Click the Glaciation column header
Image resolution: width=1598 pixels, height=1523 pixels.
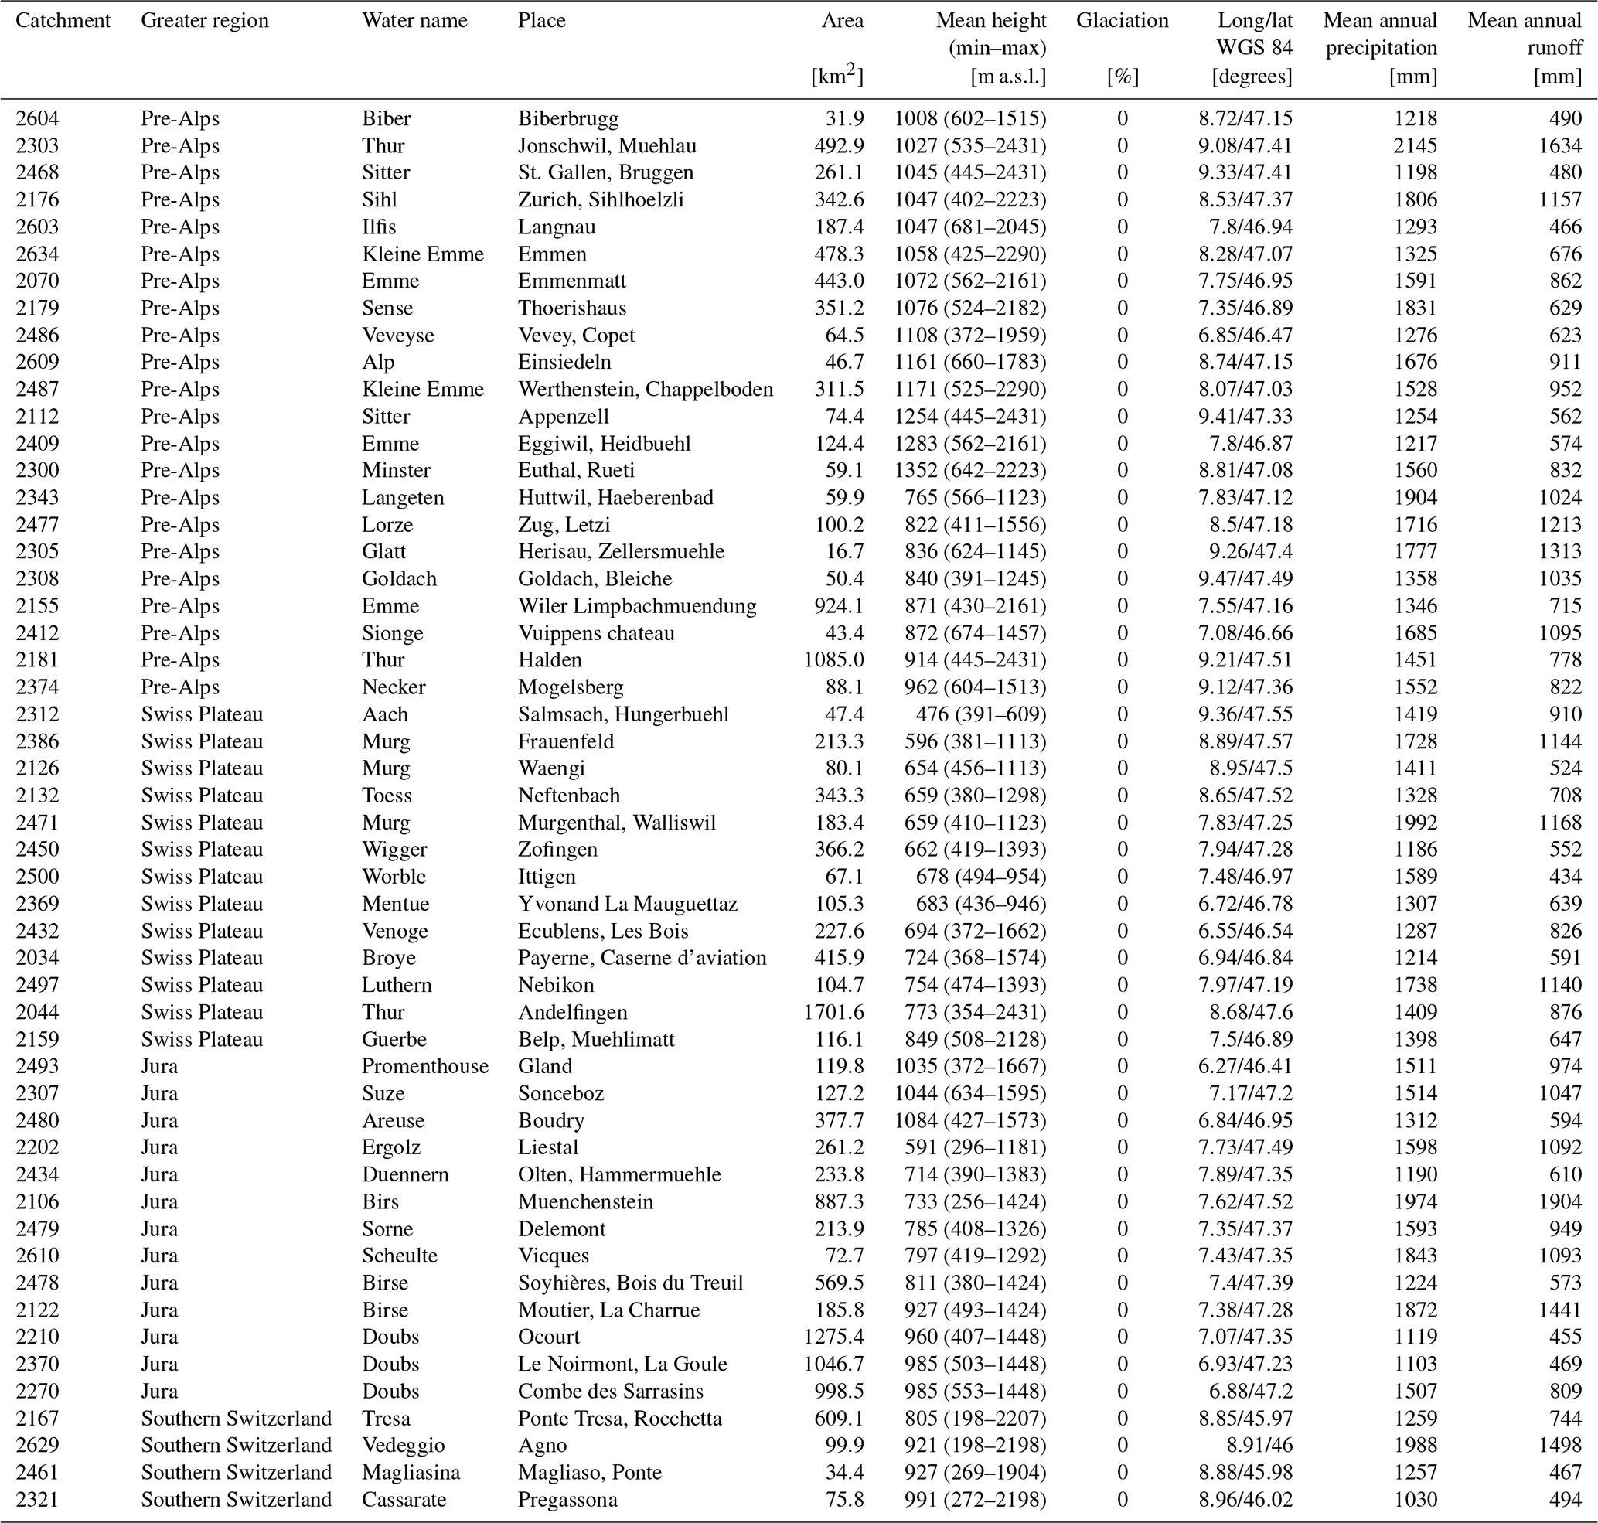point(1123,20)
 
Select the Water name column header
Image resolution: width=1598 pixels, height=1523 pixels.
point(414,20)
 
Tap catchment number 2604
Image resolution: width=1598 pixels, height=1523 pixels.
point(37,118)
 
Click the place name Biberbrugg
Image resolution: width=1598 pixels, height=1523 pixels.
point(567,118)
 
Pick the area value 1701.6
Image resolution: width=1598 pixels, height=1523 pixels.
point(833,1012)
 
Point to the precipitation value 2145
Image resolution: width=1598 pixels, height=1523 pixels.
point(1416,146)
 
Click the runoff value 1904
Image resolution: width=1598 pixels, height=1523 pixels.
point(1560,1201)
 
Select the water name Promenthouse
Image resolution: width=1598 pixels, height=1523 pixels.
point(424,1066)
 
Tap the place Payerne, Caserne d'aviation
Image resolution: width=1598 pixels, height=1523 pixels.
point(642,958)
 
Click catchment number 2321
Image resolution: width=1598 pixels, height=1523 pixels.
point(37,1500)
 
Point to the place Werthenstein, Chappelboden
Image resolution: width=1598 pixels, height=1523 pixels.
point(646,390)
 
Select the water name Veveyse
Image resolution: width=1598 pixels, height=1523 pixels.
point(398,336)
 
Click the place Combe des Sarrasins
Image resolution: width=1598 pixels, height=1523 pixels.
point(611,1391)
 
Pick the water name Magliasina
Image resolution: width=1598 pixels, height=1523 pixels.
point(411,1472)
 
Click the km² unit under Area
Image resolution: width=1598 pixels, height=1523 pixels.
point(837,76)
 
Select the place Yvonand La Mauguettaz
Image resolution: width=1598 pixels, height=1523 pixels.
point(628,904)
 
